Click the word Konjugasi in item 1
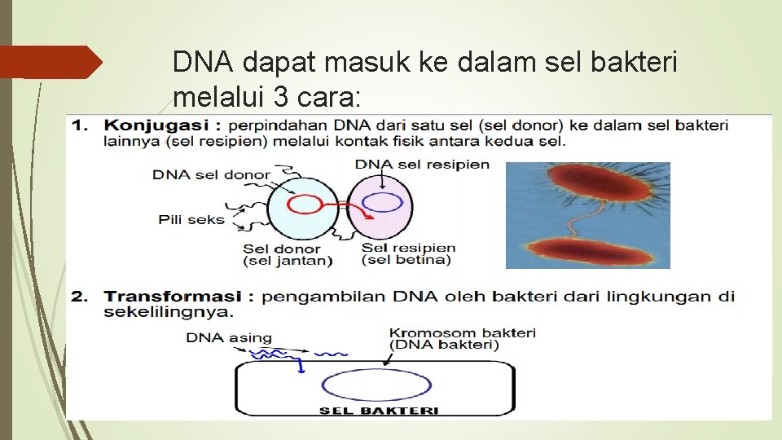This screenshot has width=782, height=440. (x=156, y=126)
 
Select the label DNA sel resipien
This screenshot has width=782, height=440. (x=422, y=164)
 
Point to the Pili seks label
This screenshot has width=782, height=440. (x=191, y=219)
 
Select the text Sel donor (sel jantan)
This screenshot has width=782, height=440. (x=288, y=255)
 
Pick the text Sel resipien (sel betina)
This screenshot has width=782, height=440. (x=407, y=254)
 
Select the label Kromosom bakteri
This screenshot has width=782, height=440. (x=462, y=333)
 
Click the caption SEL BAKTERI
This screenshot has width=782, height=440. (x=378, y=411)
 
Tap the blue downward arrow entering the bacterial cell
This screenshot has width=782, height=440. (x=301, y=366)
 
